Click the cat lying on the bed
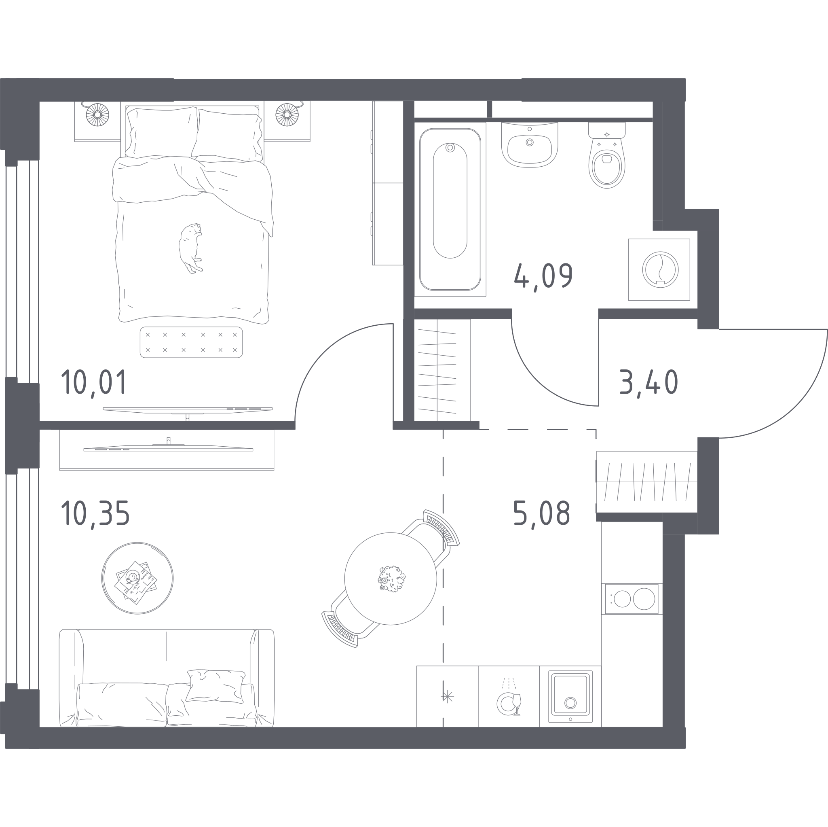190,248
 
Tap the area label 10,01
94,382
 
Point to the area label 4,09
543,277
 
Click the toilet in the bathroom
606,155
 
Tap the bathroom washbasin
530,144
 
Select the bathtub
450,209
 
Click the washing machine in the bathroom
659,269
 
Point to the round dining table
391,578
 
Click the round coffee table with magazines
137,578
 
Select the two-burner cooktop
632,599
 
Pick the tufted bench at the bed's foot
191,342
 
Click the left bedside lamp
97,115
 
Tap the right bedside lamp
287,115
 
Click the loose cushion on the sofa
215,686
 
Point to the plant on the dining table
391,579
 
